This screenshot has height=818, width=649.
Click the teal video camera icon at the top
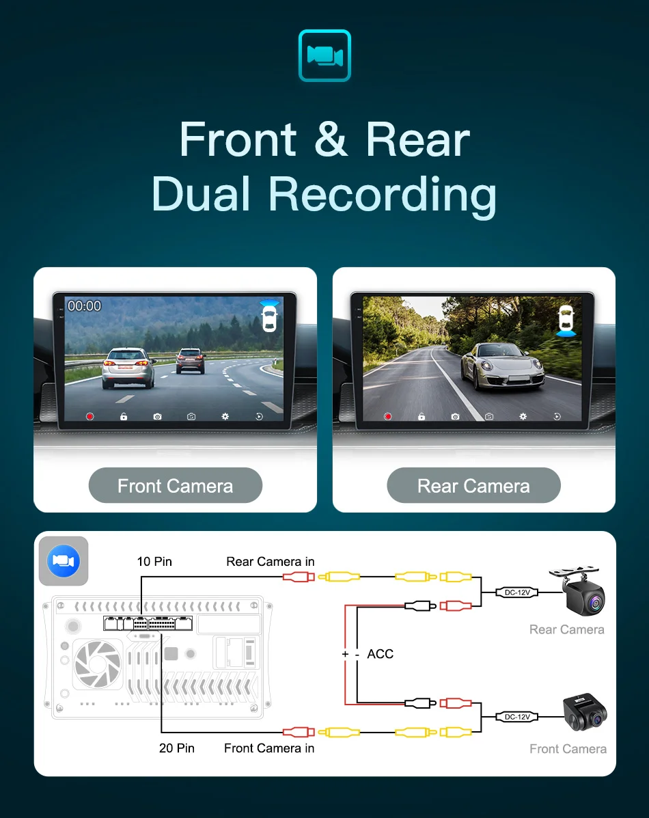(x=324, y=55)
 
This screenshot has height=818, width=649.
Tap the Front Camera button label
(x=175, y=486)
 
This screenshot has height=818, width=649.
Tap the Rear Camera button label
(x=473, y=486)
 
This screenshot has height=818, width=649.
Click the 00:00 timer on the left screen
(x=84, y=306)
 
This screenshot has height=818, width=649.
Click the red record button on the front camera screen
(x=90, y=416)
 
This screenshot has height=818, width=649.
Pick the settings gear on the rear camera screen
(x=523, y=416)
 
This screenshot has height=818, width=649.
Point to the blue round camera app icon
(x=64, y=561)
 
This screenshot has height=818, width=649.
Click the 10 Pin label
(x=154, y=562)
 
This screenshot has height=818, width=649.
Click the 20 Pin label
(x=176, y=748)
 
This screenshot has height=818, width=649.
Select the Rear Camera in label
(x=270, y=562)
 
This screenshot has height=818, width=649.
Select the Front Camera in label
(x=269, y=748)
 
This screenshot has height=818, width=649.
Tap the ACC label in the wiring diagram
(x=380, y=654)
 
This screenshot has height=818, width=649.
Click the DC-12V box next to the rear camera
(x=516, y=592)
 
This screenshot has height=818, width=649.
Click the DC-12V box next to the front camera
(x=516, y=717)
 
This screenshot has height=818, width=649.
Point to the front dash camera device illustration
(x=584, y=713)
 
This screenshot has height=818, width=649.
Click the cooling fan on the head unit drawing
(x=97, y=664)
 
